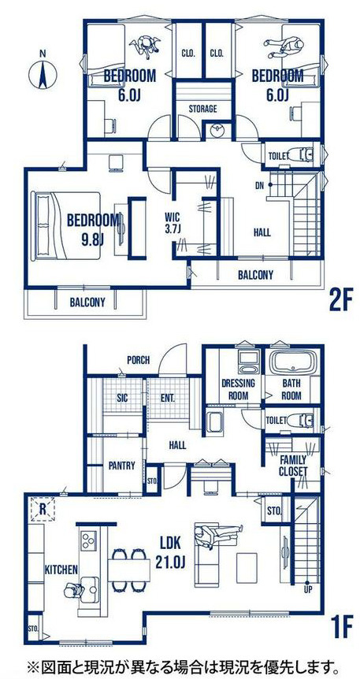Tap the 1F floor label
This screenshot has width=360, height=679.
click(341, 628)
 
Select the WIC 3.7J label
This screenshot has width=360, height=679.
click(172, 223)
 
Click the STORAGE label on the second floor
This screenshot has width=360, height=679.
click(202, 109)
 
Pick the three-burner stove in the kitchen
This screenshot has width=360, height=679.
click(89, 540)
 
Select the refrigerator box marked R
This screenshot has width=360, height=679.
click(43, 509)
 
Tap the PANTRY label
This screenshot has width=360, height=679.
click(122, 466)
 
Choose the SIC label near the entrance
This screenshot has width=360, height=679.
click(122, 399)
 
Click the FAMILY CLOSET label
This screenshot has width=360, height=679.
click(293, 466)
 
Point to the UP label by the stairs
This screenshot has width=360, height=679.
click(307, 590)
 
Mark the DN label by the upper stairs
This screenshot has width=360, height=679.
click(260, 186)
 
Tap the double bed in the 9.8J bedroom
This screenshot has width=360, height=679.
click(65, 225)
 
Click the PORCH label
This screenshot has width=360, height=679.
click(138, 360)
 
